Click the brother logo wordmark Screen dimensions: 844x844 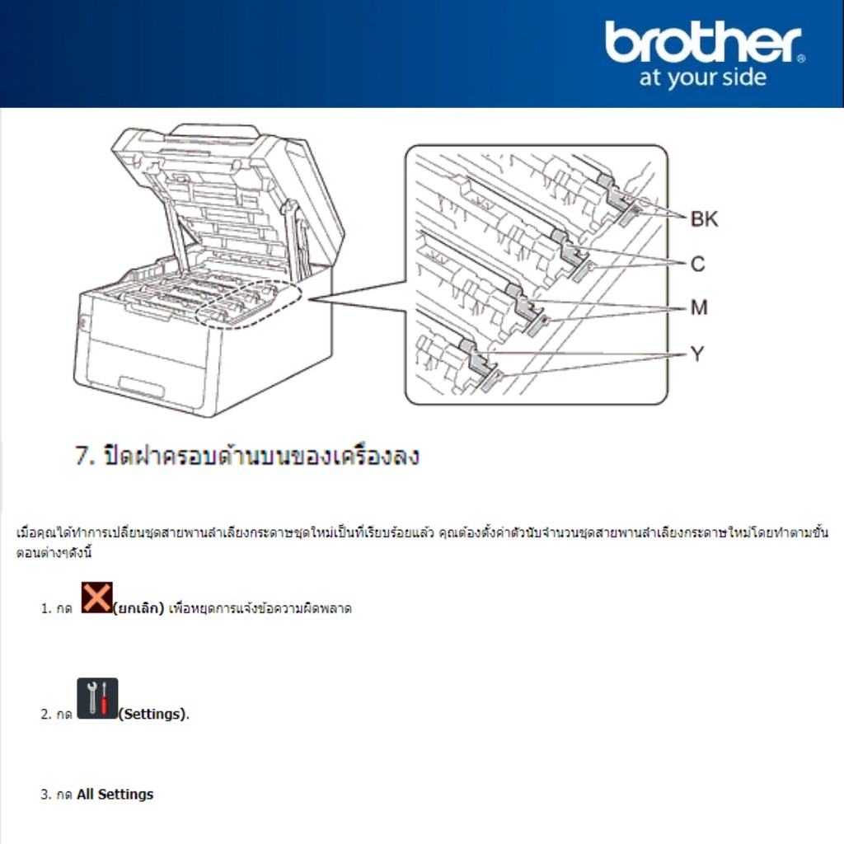[x=703, y=42]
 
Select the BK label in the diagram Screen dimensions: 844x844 [x=704, y=219]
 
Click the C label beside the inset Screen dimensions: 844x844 [x=697, y=264]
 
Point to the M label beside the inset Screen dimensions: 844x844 [x=699, y=307]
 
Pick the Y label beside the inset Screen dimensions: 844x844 [x=697, y=354]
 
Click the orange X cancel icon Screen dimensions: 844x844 [x=97, y=597]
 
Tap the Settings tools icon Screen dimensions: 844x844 [x=97, y=698]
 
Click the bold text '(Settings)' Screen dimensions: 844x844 [x=152, y=715]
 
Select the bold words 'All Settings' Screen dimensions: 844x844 [x=115, y=795]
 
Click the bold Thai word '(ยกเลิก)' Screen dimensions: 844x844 [x=138, y=608]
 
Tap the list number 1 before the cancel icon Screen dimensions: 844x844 [x=46, y=609]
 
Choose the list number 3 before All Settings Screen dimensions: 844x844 [x=46, y=795]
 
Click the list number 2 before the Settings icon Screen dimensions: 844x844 [x=46, y=715]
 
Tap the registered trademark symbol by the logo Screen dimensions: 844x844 [x=801, y=59]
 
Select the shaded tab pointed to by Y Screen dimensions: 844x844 [x=490, y=381]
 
